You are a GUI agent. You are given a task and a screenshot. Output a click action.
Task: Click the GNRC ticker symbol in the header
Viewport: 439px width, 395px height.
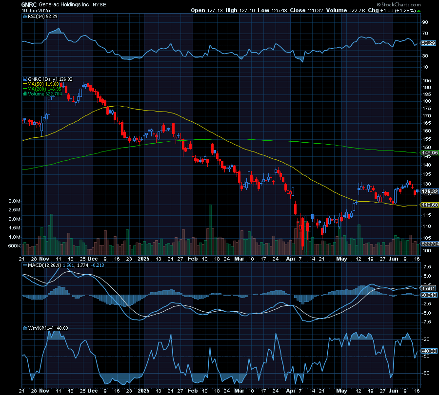tap(28, 4)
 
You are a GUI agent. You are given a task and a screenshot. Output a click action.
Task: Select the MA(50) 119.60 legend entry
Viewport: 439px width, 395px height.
tap(43, 84)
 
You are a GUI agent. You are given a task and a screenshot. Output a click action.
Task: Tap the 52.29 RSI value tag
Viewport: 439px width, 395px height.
tap(428, 43)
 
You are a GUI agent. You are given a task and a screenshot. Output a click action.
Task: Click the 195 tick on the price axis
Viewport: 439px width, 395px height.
tap(426, 81)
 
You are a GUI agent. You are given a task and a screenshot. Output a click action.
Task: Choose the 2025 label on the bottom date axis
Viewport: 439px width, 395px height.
tap(143, 259)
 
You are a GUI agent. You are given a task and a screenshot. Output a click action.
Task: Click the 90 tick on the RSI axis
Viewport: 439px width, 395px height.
tap(425, 22)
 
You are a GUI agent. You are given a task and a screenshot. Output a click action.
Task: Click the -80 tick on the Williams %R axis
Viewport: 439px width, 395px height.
tap(425, 373)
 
